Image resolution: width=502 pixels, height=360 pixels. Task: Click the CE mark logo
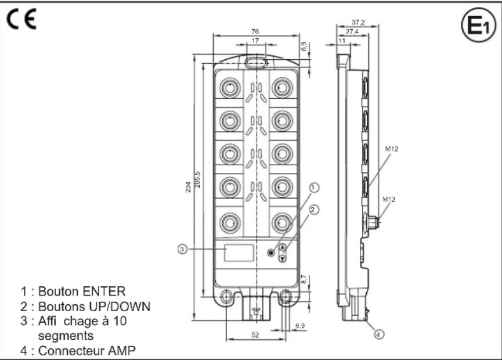21,21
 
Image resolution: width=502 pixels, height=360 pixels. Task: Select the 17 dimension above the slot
256,41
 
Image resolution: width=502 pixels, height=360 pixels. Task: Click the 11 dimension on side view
341,42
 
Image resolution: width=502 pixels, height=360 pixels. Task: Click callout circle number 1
314,188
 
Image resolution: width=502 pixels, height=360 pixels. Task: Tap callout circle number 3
182,250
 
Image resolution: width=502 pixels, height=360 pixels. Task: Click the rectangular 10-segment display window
239,253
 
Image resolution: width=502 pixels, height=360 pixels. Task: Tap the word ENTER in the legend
103,290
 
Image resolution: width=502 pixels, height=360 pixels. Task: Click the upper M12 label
391,149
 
